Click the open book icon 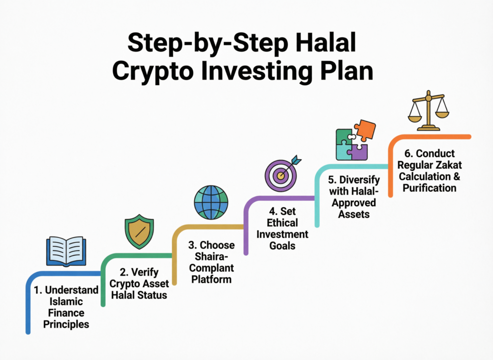click(x=66, y=251)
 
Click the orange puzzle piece click(x=365, y=131)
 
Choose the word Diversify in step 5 click(x=359, y=179)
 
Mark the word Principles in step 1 click(x=66, y=324)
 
